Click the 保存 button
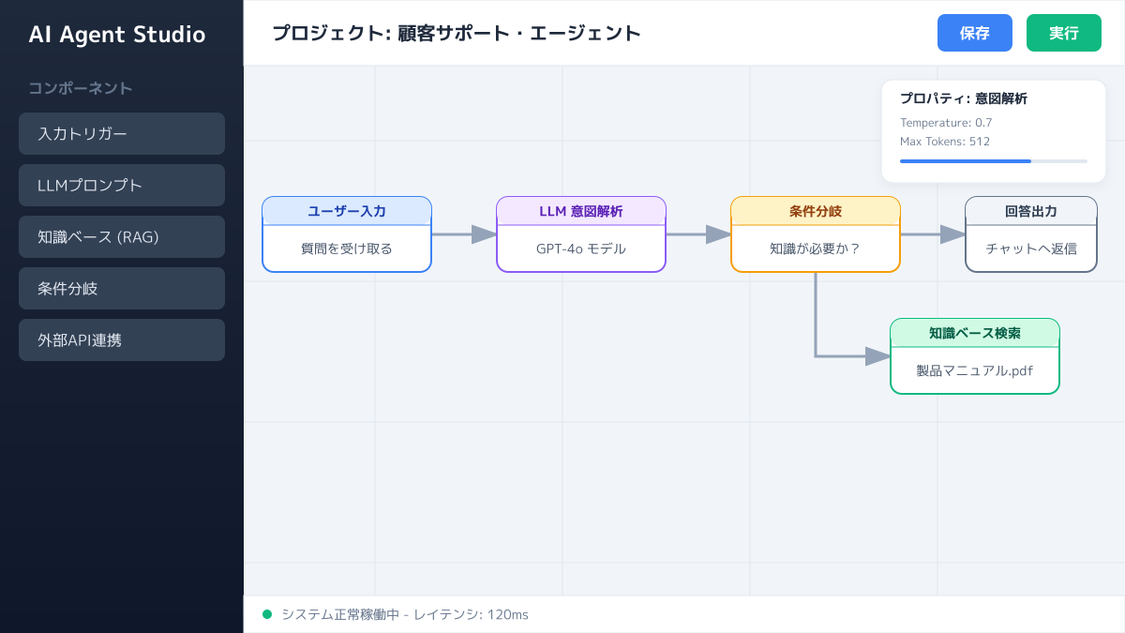click(x=975, y=33)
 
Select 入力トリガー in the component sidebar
click(x=122, y=133)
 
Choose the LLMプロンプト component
click(x=122, y=185)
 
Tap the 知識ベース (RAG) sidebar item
click(x=122, y=236)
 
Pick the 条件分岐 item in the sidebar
click(x=122, y=288)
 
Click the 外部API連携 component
click(x=122, y=339)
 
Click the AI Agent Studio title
click(x=117, y=35)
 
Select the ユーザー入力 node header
click(x=347, y=211)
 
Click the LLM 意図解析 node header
click(x=581, y=211)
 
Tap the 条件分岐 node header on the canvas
click(x=816, y=211)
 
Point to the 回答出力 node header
click(x=1031, y=211)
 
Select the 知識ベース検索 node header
click(x=975, y=333)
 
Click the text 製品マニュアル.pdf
click(x=975, y=370)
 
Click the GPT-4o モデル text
click(x=581, y=249)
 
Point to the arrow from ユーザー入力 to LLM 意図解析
click(x=464, y=234)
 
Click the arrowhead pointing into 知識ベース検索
click(x=877, y=356)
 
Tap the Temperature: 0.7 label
click(x=946, y=123)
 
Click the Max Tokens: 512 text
click(x=945, y=142)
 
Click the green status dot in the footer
click(x=267, y=614)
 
